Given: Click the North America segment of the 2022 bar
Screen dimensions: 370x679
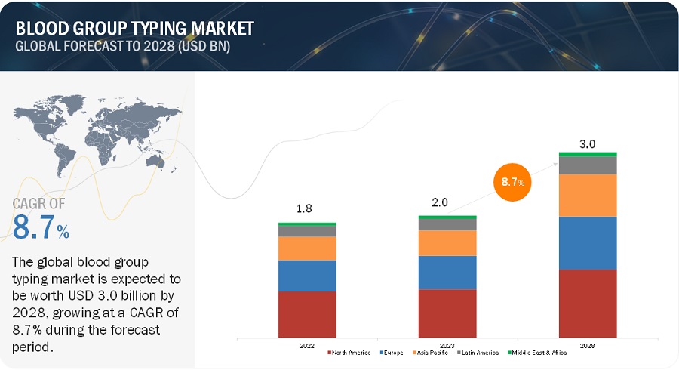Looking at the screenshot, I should point(307,313).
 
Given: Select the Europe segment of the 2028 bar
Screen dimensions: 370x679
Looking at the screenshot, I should point(588,242).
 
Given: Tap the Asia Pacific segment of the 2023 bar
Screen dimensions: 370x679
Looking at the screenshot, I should point(447,242).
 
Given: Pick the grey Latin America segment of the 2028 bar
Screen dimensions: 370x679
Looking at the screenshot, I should point(588,165).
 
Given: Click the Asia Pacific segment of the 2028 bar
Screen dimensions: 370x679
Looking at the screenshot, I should point(588,195).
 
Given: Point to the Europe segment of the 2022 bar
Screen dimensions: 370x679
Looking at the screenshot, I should point(307,276).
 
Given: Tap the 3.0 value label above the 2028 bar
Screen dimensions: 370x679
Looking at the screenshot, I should point(588,143).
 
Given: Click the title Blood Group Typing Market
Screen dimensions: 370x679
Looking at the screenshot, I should point(134,29).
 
